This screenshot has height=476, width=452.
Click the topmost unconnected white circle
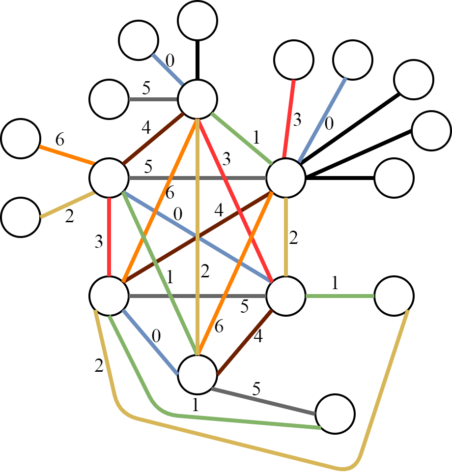click(x=198, y=21)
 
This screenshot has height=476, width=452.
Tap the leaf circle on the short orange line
click(x=21, y=139)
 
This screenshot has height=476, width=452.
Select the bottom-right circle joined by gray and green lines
click(x=335, y=414)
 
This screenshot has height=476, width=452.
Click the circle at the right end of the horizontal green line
click(x=394, y=296)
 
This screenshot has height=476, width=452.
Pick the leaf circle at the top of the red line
click(x=294, y=60)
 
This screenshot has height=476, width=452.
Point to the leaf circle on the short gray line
click(x=109, y=99)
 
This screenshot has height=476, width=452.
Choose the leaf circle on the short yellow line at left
click(x=21, y=217)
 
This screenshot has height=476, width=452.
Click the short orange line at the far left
click(x=66, y=154)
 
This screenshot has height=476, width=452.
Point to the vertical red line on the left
click(x=109, y=236)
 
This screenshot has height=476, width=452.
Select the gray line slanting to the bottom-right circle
click(x=263, y=401)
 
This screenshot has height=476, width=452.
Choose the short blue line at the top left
click(x=167, y=69)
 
